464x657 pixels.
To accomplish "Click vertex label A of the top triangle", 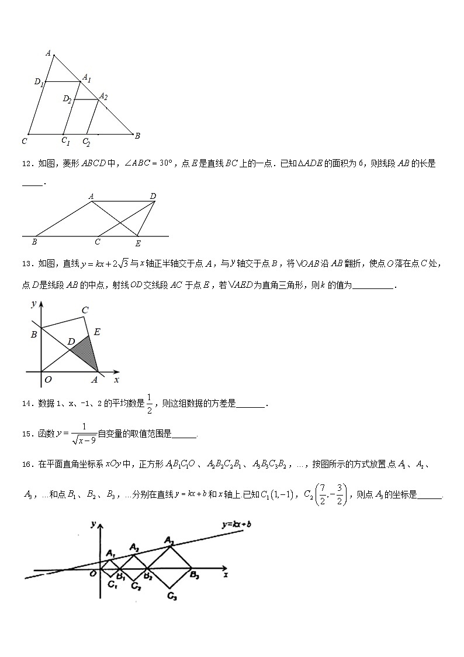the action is (48, 53).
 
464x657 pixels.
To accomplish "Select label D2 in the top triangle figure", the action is (67, 99).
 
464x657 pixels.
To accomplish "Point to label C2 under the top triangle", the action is (86, 142).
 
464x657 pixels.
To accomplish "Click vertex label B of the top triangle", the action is (137, 136).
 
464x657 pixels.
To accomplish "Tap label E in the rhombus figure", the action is (138, 243).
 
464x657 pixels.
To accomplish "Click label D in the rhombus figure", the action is (153, 197).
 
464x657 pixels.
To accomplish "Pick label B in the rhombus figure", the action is (35, 242).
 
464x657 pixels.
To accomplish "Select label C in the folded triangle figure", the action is (85, 310).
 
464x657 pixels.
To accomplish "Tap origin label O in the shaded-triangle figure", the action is (48, 379).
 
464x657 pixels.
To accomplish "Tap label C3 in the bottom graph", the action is (172, 596).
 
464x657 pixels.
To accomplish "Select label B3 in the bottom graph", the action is (194, 576).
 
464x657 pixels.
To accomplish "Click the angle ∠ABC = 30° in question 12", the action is (152, 164).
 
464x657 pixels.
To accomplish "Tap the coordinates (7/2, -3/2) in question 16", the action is (333, 494).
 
